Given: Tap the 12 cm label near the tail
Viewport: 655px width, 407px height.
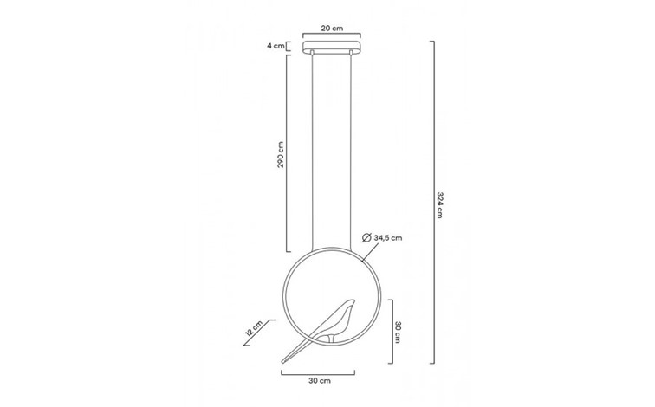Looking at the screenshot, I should [x=253, y=329].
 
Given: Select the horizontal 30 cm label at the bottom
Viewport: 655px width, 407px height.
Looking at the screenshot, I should [x=319, y=378].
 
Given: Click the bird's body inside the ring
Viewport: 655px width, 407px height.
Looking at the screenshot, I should [x=334, y=325].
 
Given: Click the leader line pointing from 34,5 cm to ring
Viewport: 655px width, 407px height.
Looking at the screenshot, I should [x=366, y=252].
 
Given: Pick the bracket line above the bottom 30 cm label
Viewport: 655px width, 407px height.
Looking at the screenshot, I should [x=319, y=370].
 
